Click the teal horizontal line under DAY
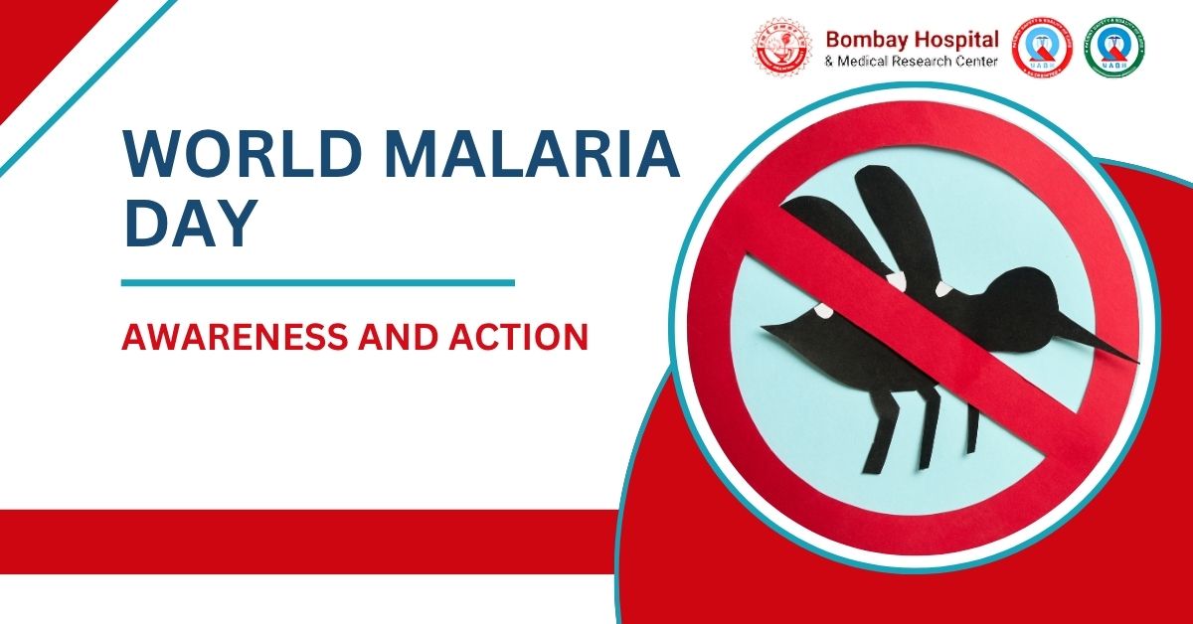317,282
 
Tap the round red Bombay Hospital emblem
781,47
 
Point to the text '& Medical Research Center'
912,62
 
